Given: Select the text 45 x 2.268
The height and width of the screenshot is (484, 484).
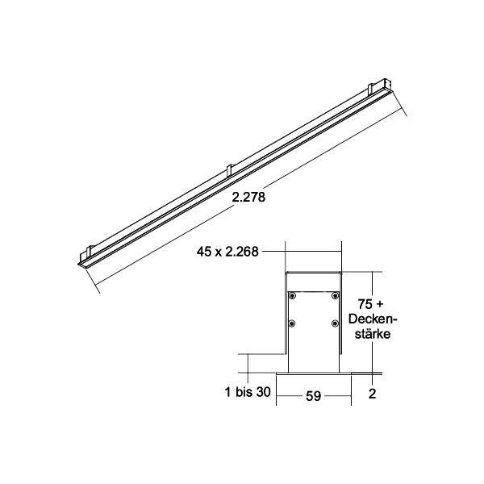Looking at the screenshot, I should pos(228,252).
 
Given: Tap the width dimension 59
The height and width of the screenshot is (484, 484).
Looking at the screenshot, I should pos(313,396).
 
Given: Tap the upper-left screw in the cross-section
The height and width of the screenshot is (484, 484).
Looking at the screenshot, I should pos(294,297).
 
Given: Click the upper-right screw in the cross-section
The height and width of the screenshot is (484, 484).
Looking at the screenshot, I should pos(334,297).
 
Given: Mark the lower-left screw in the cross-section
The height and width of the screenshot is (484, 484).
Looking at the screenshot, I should pos(294,324).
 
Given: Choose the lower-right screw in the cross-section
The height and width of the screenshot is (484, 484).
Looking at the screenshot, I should pos(334,324).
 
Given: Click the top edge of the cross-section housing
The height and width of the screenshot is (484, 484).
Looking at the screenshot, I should pos(314,273).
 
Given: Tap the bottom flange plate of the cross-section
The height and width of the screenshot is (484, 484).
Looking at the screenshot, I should pos(315,374).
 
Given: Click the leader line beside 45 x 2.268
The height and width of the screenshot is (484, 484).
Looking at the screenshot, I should pos(274,252).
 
